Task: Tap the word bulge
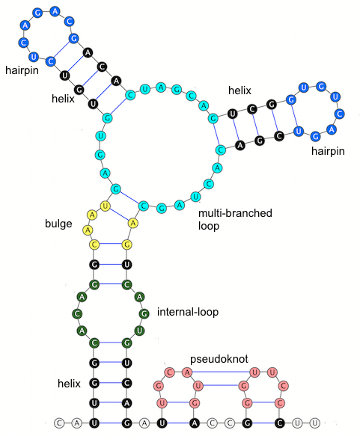point(58,224)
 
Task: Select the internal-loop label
point(188,312)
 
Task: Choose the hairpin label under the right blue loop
point(329,152)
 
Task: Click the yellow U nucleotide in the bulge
point(106,206)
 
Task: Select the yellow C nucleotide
point(95,244)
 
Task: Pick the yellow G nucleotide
point(127,244)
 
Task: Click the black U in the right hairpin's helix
point(234,114)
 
